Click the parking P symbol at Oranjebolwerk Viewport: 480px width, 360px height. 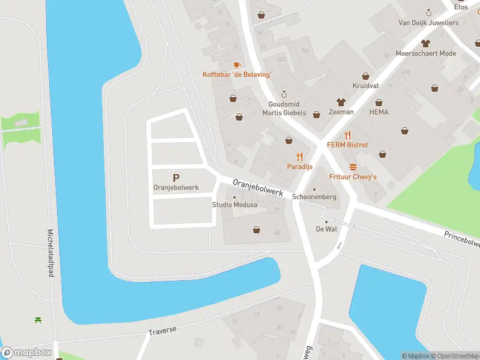(176, 178)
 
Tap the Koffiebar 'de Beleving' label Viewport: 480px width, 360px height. (237, 74)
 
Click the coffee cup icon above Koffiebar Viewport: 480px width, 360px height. (237, 64)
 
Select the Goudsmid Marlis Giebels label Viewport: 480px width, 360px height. (284, 109)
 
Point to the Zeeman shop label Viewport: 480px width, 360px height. (341, 112)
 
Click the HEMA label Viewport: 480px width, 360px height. (379, 112)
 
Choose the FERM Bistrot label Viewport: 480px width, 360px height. (347, 145)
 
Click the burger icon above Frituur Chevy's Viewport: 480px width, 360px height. (353, 167)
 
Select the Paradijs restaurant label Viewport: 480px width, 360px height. (299, 167)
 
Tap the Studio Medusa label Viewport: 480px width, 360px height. (235, 205)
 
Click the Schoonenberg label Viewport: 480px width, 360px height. (314, 197)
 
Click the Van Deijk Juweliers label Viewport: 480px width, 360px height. (428, 23)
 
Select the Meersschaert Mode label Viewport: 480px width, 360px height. (426, 53)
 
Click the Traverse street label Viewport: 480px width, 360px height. (163, 332)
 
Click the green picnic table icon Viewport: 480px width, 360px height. (38, 320)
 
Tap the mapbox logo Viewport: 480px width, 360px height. (26, 353)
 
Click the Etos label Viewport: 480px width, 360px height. (461, 7)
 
